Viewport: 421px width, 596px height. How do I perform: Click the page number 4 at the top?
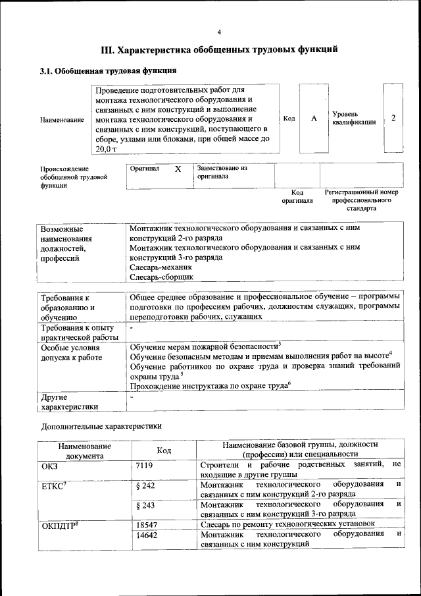(x=219, y=32)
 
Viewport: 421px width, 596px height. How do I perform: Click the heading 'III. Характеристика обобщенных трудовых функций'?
(x=219, y=49)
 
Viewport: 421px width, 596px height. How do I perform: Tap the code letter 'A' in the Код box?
(x=314, y=118)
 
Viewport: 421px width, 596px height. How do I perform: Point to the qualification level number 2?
(x=393, y=117)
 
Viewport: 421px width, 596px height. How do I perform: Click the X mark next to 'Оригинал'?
(x=178, y=169)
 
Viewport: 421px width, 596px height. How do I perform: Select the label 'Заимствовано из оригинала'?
(x=221, y=173)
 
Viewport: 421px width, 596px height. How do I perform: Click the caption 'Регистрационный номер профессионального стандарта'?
(x=362, y=200)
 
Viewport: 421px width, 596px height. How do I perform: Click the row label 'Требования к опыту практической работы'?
(x=79, y=333)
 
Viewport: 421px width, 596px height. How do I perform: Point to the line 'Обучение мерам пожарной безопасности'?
(x=205, y=346)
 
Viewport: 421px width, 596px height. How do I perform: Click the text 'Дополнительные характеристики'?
(x=101, y=426)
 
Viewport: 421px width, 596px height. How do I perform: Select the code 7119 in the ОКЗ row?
(x=144, y=466)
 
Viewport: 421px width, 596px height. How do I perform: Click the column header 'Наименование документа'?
(x=84, y=450)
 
